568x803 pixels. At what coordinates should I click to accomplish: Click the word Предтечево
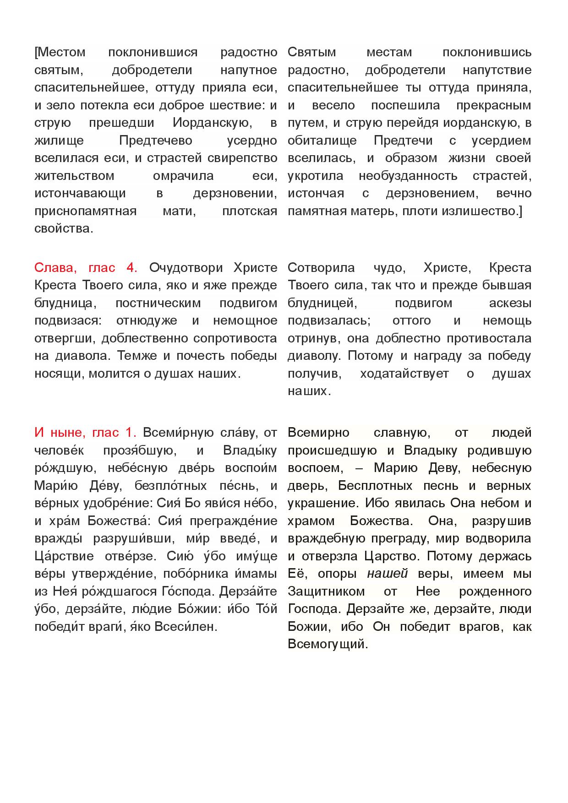coord(155,141)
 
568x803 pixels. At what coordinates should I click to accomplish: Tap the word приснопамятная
coord(85,211)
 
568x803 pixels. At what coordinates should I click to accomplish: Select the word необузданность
coord(408,176)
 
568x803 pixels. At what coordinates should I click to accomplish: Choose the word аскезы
coord(510,303)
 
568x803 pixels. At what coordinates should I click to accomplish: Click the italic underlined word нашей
coord(388,574)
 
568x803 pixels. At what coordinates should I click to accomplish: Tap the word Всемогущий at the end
coord(328,644)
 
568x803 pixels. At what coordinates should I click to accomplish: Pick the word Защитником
coord(326,591)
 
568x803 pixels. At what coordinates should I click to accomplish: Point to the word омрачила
coord(183,176)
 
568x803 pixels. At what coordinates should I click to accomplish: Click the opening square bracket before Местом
coord(36,52)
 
